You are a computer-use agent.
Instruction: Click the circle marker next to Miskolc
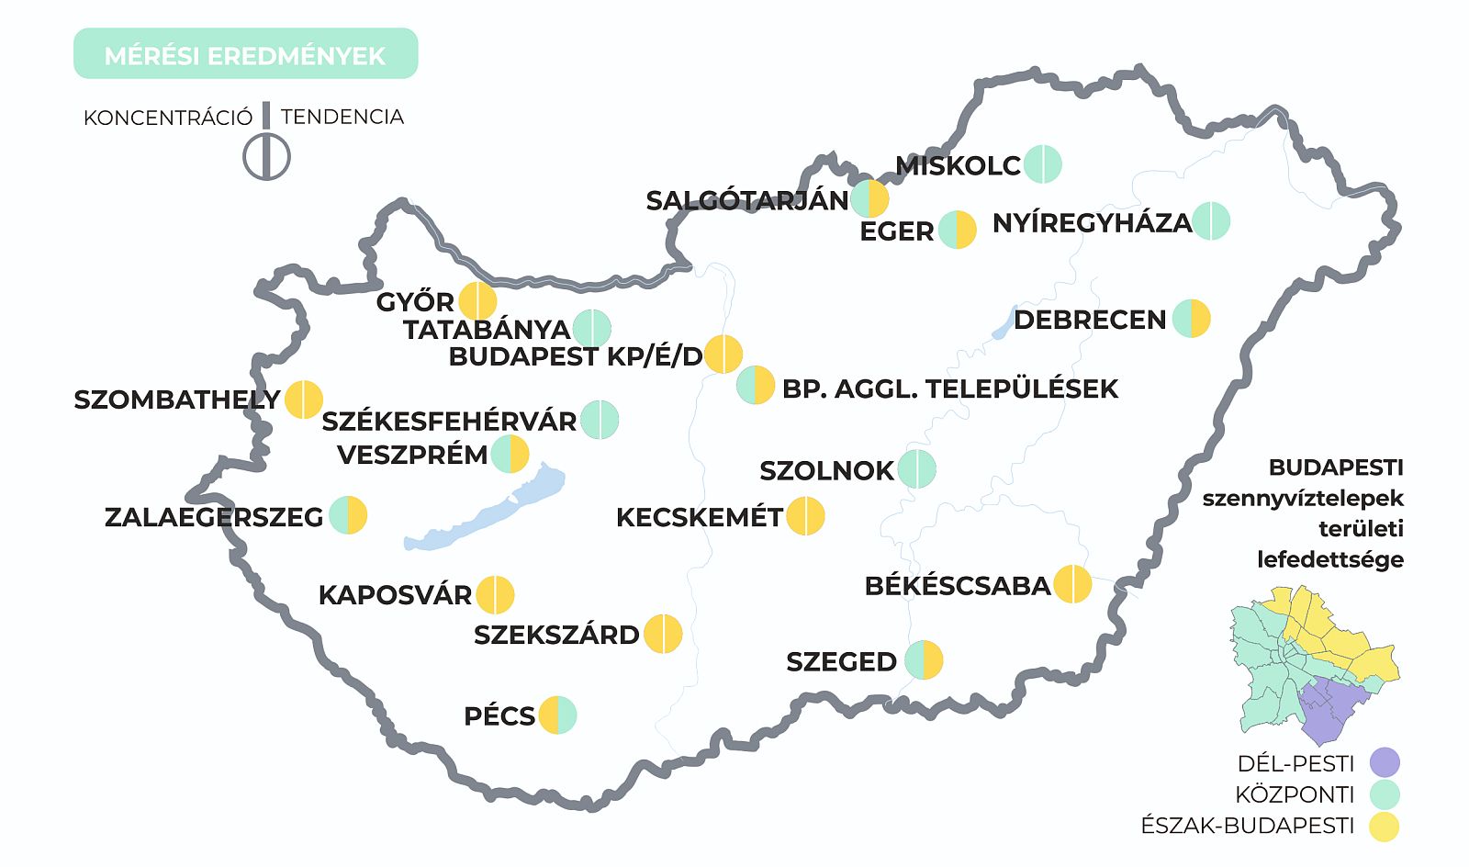click(1043, 164)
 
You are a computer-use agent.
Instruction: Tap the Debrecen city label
click(1090, 320)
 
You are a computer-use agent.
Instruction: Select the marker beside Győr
click(477, 301)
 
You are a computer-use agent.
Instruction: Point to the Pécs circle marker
click(557, 715)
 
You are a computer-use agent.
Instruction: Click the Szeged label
click(841, 661)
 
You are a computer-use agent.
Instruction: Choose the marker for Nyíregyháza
click(1211, 221)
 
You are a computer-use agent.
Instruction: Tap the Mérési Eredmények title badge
click(245, 54)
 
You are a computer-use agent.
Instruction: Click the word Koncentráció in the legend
click(167, 118)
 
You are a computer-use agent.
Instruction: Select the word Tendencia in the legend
click(342, 117)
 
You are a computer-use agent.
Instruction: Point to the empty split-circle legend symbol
click(266, 157)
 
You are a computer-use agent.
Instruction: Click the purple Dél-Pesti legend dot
click(1385, 762)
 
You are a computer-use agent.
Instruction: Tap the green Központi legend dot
click(1385, 794)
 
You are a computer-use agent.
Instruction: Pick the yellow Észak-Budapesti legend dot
click(1385, 826)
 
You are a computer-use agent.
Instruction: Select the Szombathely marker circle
click(304, 400)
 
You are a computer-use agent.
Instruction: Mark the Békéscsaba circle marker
click(1072, 584)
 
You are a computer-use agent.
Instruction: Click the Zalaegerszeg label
click(214, 517)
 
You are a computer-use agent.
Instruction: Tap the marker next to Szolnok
click(917, 469)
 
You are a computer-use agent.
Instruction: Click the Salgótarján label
click(747, 200)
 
